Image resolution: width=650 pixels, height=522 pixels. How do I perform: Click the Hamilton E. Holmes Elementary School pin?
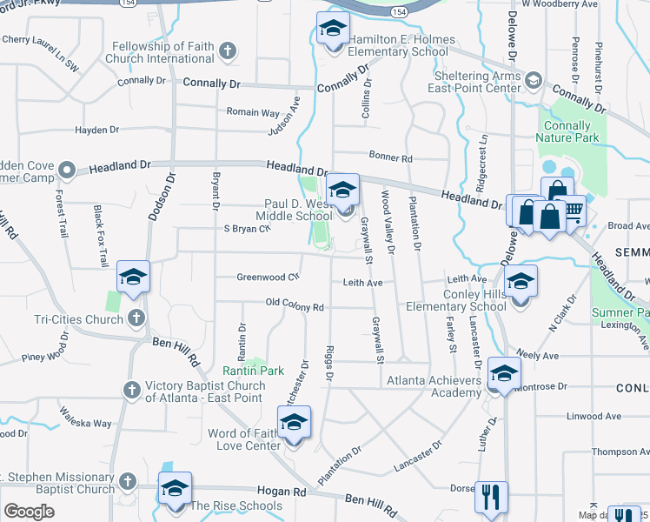pyautogui.click(x=333, y=30)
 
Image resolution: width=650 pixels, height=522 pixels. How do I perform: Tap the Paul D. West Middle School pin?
pyautogui.click(x=342, y=191)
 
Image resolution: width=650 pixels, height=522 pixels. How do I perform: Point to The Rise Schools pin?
pyautogui.click(x=175, y=490)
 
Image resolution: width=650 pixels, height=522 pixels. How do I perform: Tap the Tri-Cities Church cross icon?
pyautogui.click(x=136, y=318)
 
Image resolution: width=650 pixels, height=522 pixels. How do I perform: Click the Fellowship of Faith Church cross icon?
pyautogui.click(x=228, y=50)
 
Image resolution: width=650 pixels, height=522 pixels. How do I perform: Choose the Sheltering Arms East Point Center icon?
pyautogui.click(x=533, y=81)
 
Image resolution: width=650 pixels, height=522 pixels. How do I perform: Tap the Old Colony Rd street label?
pyautogui.click(x=295, y=307)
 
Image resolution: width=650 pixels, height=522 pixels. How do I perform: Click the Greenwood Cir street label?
pyautogui.click(x=268, y=278)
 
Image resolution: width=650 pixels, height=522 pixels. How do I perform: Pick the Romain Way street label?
pyautogui.click(x=253, y=113)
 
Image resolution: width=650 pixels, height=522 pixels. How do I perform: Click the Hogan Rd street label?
pyautogui.click(x=288, y=492)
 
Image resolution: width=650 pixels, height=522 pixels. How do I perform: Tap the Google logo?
pyautogui.click(x=29, y=512)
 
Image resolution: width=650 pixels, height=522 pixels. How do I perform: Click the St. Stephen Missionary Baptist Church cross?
pyautogui.click(x=127, y=481)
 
